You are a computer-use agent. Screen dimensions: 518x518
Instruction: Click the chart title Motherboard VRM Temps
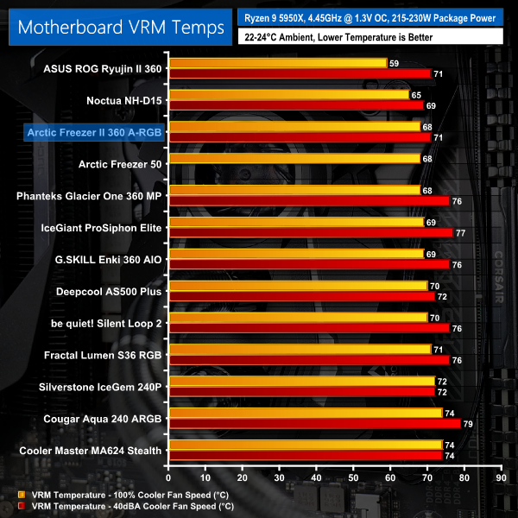(x=116, y=26)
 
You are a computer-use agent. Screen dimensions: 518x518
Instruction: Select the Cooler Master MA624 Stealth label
(x=90, y=450)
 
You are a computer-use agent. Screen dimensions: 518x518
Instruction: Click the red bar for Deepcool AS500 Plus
(x=302, y=297)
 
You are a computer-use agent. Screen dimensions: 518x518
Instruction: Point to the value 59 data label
(x=395, y=63)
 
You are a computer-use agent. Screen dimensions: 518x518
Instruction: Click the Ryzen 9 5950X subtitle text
(x=371, y=16)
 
